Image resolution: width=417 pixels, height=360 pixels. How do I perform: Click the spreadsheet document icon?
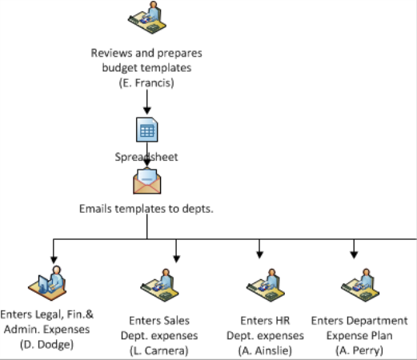coord(147,130)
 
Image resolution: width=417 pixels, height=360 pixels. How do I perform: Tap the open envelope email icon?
coord(147,181)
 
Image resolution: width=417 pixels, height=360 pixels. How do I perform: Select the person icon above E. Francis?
coord(147,18)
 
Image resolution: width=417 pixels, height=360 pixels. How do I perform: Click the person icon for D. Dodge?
coord(47,283)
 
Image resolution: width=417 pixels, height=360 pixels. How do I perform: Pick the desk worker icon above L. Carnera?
coord(159,286)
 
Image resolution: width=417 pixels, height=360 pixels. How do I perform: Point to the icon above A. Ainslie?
coord(266,286)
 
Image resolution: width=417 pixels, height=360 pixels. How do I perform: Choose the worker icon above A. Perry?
coord(360,286)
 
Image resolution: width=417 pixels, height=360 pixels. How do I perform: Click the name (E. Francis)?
coord(146,82)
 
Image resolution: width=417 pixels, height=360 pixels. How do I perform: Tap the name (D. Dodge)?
coord(46,344)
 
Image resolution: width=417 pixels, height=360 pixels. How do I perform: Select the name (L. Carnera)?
coord(159,350)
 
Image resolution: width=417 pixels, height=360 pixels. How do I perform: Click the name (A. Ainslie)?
coord(265,350)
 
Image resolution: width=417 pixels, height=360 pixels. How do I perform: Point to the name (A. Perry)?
coord(359,350)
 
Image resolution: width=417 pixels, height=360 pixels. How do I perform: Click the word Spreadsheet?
coord(146,157)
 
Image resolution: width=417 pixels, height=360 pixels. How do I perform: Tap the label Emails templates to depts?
coord(146,209)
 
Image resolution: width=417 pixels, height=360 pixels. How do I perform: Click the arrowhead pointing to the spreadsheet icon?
coord(147,110)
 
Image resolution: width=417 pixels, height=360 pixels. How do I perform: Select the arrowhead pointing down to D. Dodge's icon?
coord(54,259)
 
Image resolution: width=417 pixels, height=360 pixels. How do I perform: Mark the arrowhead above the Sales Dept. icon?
coord(176,258)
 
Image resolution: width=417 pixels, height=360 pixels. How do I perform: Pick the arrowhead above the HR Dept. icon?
coord(259,254)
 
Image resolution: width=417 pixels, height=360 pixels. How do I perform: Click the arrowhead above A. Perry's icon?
coord(354,254)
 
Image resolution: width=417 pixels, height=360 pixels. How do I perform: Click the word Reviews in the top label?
coord(111,53)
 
